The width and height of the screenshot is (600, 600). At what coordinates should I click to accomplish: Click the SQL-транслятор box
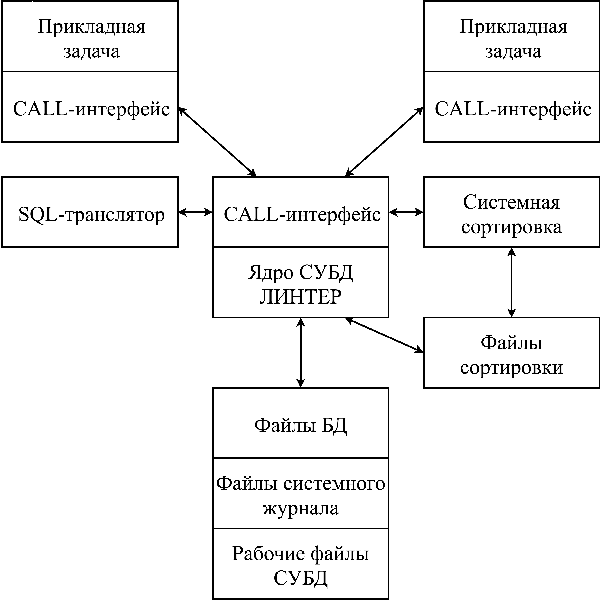click(90, 212)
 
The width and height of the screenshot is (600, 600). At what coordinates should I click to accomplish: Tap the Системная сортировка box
click(511, 212)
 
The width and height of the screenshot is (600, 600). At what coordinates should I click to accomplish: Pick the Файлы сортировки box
click(511, 353)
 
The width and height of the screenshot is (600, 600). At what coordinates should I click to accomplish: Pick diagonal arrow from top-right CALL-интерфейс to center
click(384, 142)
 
